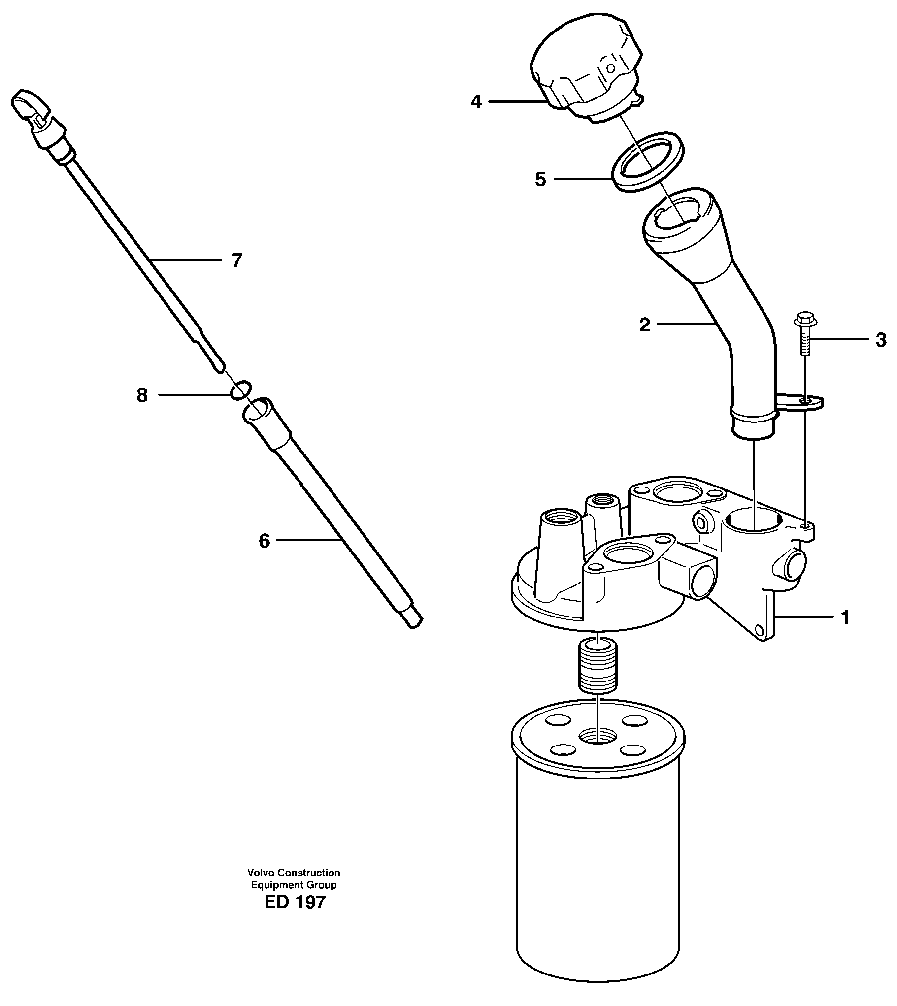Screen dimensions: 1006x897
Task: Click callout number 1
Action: click(x=845, y=617)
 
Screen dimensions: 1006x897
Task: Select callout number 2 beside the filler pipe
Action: click(x=644, y=325)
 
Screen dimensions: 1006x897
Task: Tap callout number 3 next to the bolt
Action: click(x=881, y=340)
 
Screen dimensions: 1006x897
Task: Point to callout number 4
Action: click(x=476, y=102)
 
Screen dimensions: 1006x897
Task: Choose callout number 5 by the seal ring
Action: click(x=540, y=179)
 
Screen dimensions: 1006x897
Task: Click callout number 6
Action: click(x=264, y=542)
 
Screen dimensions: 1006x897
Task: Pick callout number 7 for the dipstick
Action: click(x=236, y=260)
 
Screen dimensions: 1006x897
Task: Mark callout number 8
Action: click(x=142, y=395)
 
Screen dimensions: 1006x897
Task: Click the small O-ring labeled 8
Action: click(x=241, y=389)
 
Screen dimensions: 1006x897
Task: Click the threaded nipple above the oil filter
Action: click(x=598, y=670)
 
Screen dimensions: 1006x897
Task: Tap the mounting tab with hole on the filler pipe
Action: click(x=802, y=402)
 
